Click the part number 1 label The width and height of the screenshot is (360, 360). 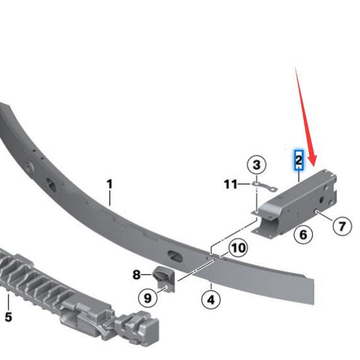109,184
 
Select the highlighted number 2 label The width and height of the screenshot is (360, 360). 299,160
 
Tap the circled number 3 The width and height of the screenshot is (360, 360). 256,166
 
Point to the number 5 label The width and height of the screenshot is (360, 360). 8,317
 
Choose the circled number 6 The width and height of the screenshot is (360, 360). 303,235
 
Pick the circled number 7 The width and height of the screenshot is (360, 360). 342,225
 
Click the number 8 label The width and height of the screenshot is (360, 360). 137,275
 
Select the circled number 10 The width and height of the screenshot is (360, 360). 237,247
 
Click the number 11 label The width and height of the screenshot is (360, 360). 231,184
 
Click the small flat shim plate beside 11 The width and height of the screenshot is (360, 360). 265,187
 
